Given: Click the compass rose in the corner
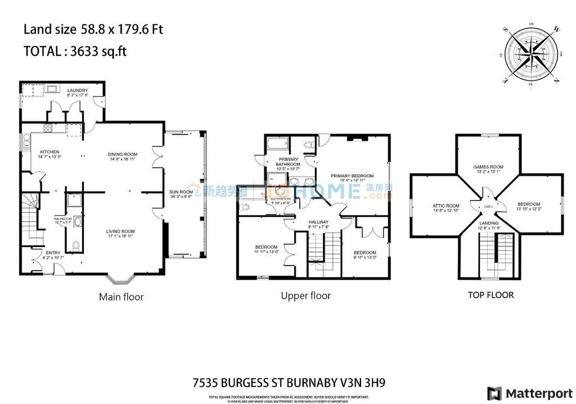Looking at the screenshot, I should (529, 56).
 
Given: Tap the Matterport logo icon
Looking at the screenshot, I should (494, 393).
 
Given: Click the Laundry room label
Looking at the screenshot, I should (77, 91).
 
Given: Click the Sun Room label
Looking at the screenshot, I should (181, 192).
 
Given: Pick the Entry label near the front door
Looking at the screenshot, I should (53, 253).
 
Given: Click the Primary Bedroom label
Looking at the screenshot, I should (352, 176).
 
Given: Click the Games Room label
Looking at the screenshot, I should (488, 167).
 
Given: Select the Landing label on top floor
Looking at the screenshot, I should (489, 223).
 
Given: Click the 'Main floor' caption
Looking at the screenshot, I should (121, 297).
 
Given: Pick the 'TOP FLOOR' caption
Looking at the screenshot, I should (490, 295).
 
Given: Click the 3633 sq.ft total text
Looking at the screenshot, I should (98, 51).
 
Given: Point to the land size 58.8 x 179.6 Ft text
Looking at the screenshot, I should (93, 29).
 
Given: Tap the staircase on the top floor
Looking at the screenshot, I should (497, 256).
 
